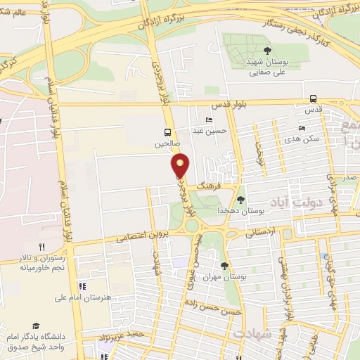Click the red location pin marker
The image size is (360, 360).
181,166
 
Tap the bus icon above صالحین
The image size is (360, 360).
167,132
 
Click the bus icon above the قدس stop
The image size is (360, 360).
314,99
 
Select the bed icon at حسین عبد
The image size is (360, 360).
209,120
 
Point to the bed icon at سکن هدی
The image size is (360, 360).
302,129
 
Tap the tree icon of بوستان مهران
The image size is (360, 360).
224,265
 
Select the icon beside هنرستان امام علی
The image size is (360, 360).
82,286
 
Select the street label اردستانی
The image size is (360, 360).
261,230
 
